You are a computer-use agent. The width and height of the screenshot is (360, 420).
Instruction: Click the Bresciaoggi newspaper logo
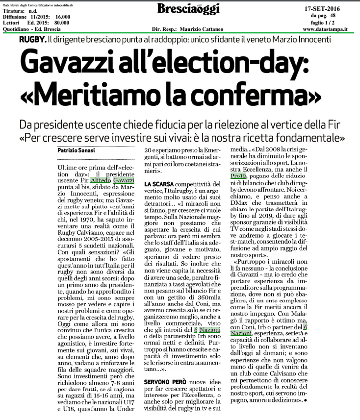(x=189, y=9)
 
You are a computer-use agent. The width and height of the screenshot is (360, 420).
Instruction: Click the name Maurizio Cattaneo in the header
(x=203, y=29)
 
